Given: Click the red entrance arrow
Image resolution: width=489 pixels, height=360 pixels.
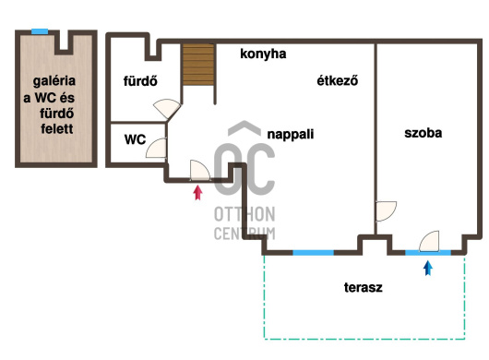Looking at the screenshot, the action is (x=197, y=193).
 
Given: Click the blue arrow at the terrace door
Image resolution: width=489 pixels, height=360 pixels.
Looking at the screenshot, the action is (x=428, y=269).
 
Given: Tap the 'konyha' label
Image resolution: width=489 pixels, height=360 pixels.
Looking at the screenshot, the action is (x=263, y=54).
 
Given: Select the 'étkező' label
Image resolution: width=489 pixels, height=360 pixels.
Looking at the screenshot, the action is (x=337, y=80).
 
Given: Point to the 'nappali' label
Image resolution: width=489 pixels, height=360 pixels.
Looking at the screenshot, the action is (x=291, y=135).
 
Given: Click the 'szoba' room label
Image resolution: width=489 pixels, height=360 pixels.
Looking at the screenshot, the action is (x=423, y=133).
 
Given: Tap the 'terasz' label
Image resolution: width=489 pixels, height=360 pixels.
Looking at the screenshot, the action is (x=363, y=287).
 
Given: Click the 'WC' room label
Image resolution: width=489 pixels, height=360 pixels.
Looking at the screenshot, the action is (x=135, y=139).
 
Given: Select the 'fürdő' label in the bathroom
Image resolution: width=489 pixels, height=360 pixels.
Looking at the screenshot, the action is (x=140, y=81).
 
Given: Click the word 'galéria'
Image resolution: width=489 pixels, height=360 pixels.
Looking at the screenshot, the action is (x=54, y=81).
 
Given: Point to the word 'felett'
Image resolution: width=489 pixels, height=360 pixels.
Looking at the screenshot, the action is (x=57, y=128).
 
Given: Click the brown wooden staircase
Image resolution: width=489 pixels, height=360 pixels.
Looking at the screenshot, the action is (x=198, y=65).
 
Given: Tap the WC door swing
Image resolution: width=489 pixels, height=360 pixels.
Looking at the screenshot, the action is (x=156, y=148).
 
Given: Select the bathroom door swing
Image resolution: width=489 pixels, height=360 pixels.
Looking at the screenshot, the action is (x=167, y=109).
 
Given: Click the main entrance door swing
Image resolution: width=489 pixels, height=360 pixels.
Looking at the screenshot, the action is (x=200, y=171).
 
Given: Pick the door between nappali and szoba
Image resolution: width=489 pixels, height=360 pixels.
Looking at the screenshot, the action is (x=386, y=211).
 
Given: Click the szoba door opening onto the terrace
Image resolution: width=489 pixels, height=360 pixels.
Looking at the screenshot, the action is (x=429, y=241).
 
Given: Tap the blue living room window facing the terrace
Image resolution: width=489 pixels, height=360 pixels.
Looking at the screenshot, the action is (x=313, y=252).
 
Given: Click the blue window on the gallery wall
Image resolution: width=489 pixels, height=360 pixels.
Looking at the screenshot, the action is (x=40, y=31).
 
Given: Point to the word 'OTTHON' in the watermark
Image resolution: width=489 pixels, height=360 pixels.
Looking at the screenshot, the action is (x=244, y=214).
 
